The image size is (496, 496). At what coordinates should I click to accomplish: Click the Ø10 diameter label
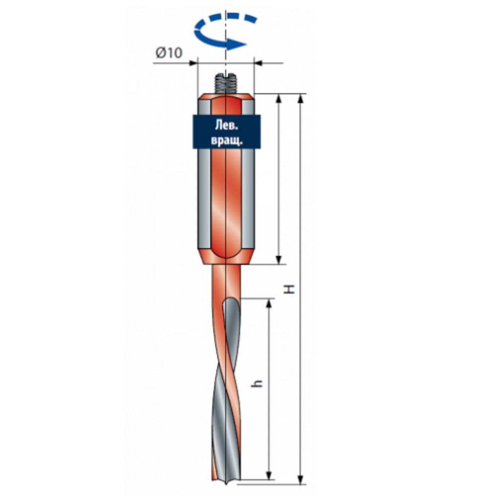pyautogui.click(x=169, y=53)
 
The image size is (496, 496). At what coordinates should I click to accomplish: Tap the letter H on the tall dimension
pyautogui.click(x=290, y=289)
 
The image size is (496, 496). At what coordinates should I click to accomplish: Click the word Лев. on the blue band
pyautogui.click(x=227, y=125)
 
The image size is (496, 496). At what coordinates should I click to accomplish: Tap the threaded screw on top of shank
pyautogui.click(x=225, y=83)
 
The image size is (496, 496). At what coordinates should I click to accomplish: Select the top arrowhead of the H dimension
pyautogui.click(x=301, y=99)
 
